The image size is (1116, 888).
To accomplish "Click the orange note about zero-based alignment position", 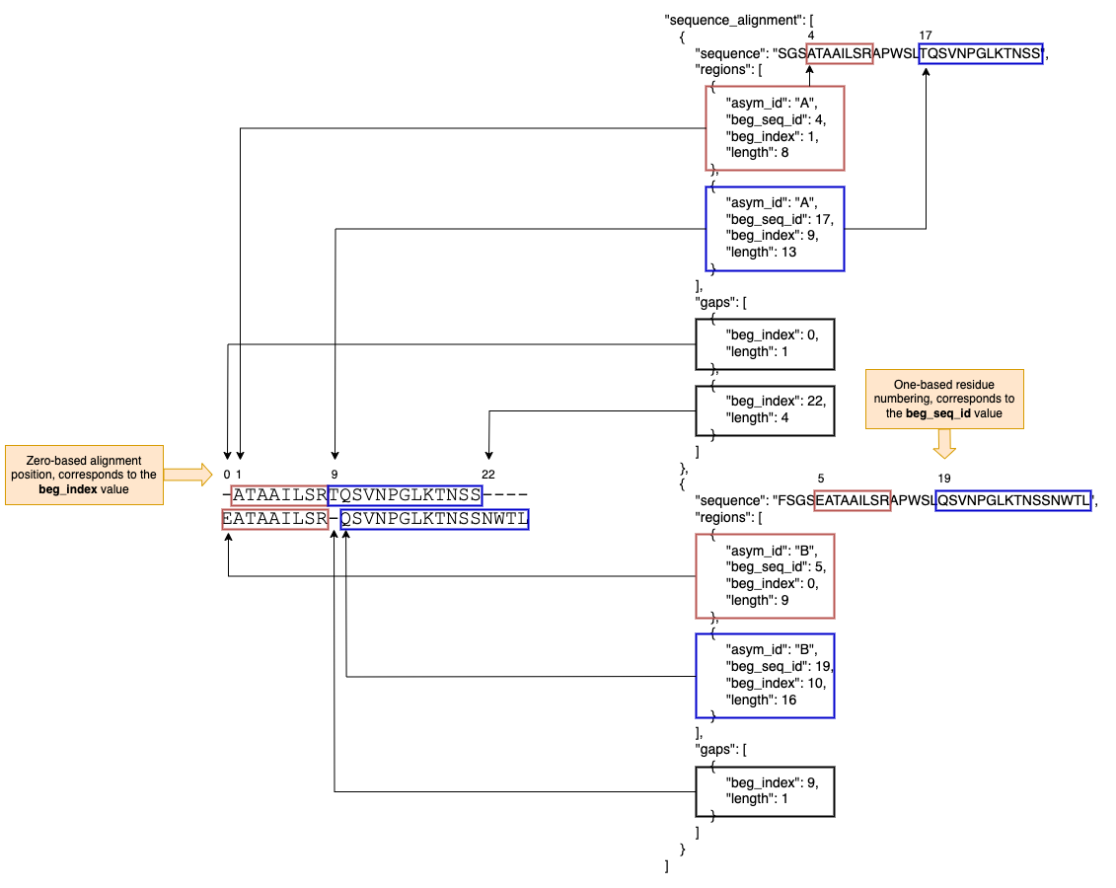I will tap(84, 475).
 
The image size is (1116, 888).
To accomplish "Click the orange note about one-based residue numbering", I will tap(944, 399).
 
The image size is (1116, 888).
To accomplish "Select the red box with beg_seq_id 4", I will tap(775, 128).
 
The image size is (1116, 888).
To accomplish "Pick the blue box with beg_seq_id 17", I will tap(775, 228).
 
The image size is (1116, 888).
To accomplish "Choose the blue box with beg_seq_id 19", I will tap(765, 676).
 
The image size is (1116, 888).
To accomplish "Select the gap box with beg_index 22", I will tap(765, 410).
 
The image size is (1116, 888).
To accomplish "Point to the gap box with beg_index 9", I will tap(765, 791).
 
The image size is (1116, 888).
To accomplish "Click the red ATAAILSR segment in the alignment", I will tap(279, 495).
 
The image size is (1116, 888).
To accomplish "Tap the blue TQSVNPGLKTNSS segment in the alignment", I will tap(405, 495).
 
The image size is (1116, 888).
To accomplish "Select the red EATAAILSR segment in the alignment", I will tap(275, 519).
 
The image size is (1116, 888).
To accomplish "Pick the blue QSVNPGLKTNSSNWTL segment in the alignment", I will tap(434, 519).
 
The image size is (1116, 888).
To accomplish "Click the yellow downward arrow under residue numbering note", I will tap(944, 445).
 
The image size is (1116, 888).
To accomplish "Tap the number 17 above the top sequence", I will tap(925, 36).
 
